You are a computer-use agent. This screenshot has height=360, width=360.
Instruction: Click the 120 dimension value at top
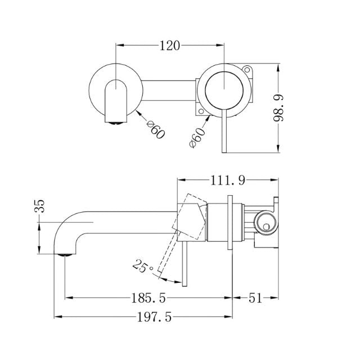pyautogui.click(x=169, y=46)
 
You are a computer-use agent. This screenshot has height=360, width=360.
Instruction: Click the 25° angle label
pyautogui.click(x=143, y=265)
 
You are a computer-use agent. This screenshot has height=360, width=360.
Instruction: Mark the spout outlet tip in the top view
pyautogui.click(x=115, y=119)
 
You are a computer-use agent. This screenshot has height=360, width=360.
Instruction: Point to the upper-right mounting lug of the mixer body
pyautogui.click(x=248, y=71)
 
